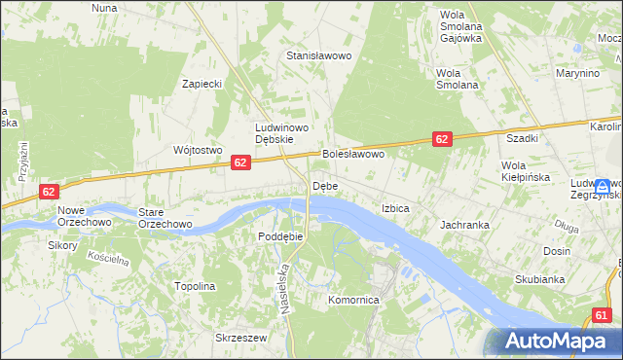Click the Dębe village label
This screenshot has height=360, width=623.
click(325, 186)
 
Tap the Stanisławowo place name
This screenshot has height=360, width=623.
click(318, 56)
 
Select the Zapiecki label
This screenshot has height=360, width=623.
click(203, 84)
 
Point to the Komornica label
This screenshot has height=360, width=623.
click(354, 301)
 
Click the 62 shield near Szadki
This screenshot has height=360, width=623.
click(442, 140)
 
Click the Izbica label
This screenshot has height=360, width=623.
click(395, 209)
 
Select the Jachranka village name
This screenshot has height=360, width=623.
click(464, 225)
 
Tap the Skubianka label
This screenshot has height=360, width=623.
click(540, 280)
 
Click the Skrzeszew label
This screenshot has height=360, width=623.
click(241, 338)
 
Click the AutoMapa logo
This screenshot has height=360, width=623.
click(553, 342)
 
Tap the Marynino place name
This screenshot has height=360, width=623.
click(577, 74)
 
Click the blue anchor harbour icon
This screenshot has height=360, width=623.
click(603, 185)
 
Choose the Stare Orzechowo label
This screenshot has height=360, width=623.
click(165, 217)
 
